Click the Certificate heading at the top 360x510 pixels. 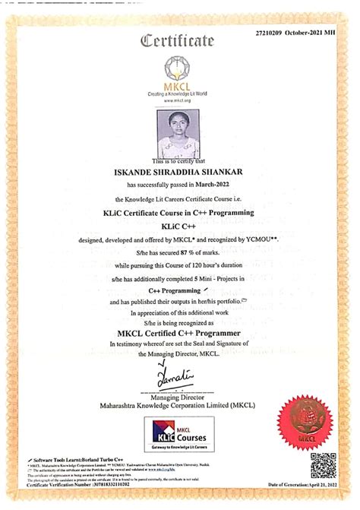click(x=179, y=40)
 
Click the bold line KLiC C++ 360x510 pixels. click(x=180, y=226)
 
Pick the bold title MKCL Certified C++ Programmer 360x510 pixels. click(x=179, y=333)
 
